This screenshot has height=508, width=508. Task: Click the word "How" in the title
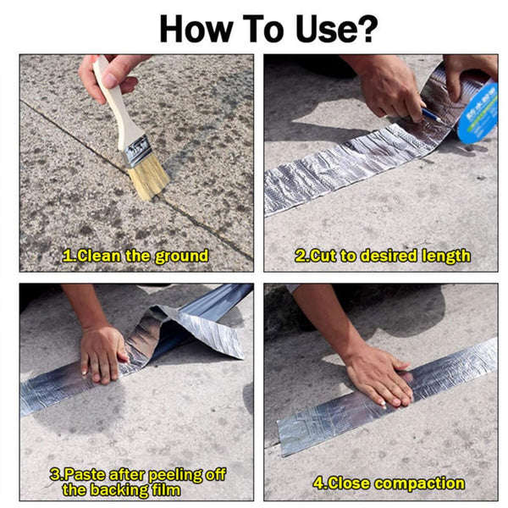click(x=190, y=27)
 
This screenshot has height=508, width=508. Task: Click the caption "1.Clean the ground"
click(x=135, y=255)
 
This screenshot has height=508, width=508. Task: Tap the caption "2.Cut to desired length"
click(x=383, y=255)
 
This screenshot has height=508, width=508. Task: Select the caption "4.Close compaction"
click(x=389, y=483)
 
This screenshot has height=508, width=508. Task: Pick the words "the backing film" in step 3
click(x=121, y=489)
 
